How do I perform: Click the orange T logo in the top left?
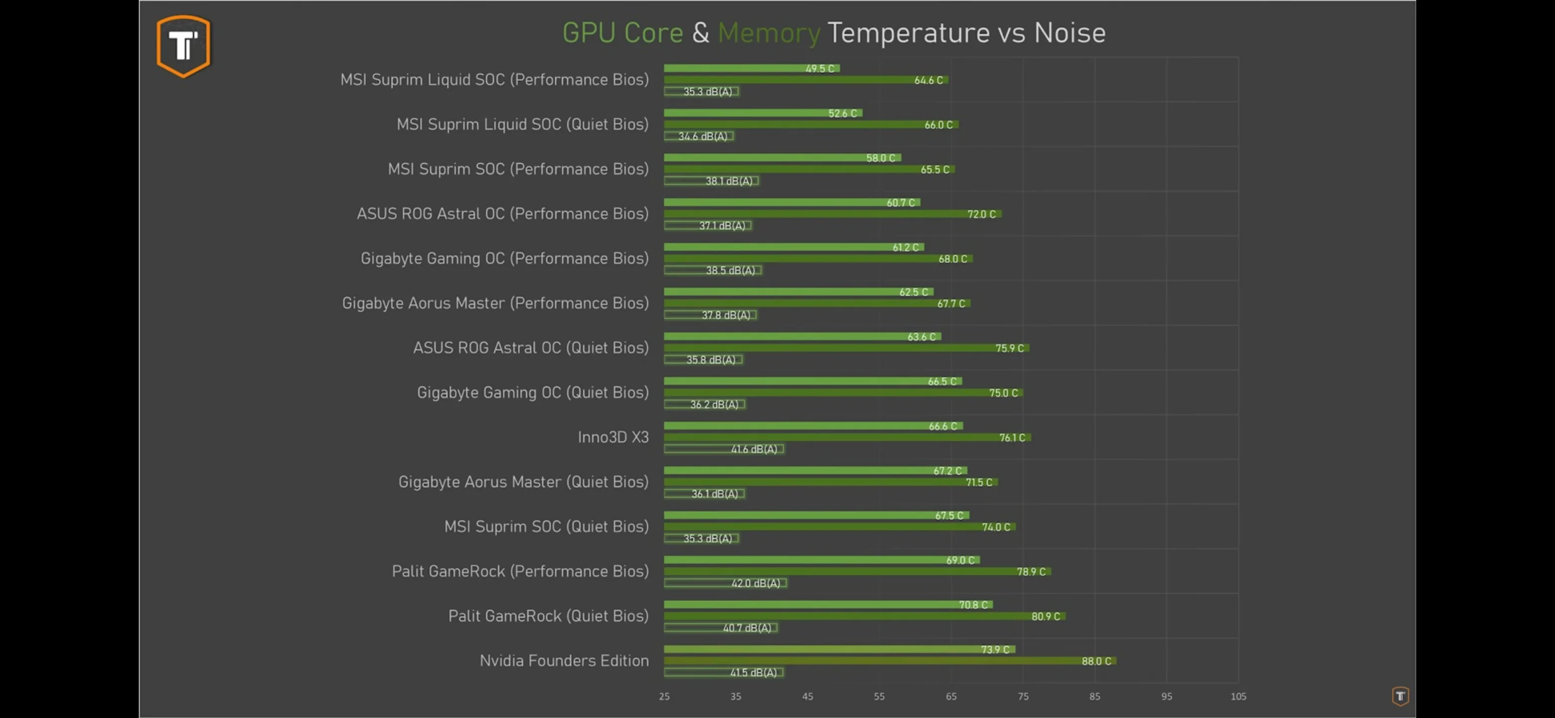point(183,46)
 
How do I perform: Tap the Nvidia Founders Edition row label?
point(564,661)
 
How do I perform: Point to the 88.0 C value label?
point(1095,661)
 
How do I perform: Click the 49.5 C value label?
point(819,69)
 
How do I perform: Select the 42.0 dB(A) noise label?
point(756,583)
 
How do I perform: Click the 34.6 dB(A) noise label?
point(703,137)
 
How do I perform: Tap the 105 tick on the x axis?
point(1238,696)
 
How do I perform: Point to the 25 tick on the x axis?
point(664,696)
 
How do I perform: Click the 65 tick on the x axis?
point(951,696)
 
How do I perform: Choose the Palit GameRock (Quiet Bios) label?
point(548,616)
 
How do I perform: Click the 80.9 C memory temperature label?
point(1045,617)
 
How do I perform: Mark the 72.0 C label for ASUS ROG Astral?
point(981,214)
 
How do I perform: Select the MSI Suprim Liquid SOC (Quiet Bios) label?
point(522,124)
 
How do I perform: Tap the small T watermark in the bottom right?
point(1400,696)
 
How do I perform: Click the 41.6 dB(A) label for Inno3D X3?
point(754,449)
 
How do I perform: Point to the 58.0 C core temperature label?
point(880,158)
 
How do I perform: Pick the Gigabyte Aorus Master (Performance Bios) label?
point(495,303)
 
